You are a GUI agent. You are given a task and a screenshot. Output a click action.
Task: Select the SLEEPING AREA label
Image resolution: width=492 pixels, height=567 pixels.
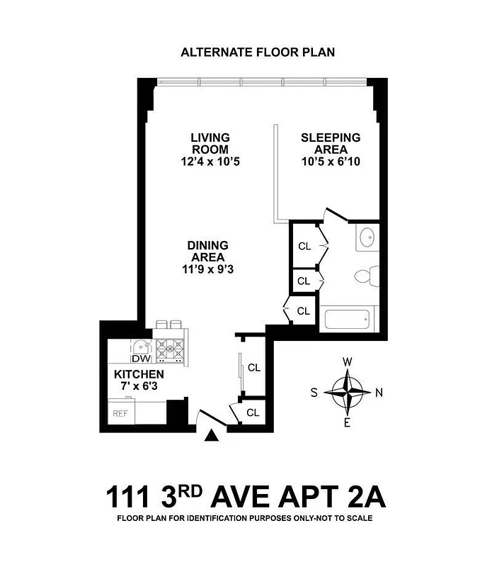click(x=331, y=143)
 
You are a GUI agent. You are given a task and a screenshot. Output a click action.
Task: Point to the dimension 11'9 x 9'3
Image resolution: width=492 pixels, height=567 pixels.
click(x=207, y=269)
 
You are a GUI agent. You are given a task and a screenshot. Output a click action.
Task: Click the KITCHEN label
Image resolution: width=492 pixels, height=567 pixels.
click(x=139, y=374)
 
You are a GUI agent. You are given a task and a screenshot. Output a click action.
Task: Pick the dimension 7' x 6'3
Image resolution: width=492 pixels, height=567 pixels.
click(x=139, y=386)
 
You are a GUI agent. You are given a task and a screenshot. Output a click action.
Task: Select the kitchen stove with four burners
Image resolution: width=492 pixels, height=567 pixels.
click(x=171, y=349)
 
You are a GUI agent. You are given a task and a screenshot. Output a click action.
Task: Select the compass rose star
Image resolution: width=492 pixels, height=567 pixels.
click(x=348, y=392)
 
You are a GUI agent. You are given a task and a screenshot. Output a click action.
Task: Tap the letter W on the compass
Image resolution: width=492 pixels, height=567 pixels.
click(x=348, y=362)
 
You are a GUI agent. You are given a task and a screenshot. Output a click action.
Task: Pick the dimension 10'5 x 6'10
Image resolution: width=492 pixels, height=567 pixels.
click(x=331, y=162)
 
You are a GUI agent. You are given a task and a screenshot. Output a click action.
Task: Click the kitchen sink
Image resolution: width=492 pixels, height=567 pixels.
click(x=141, y=347)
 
